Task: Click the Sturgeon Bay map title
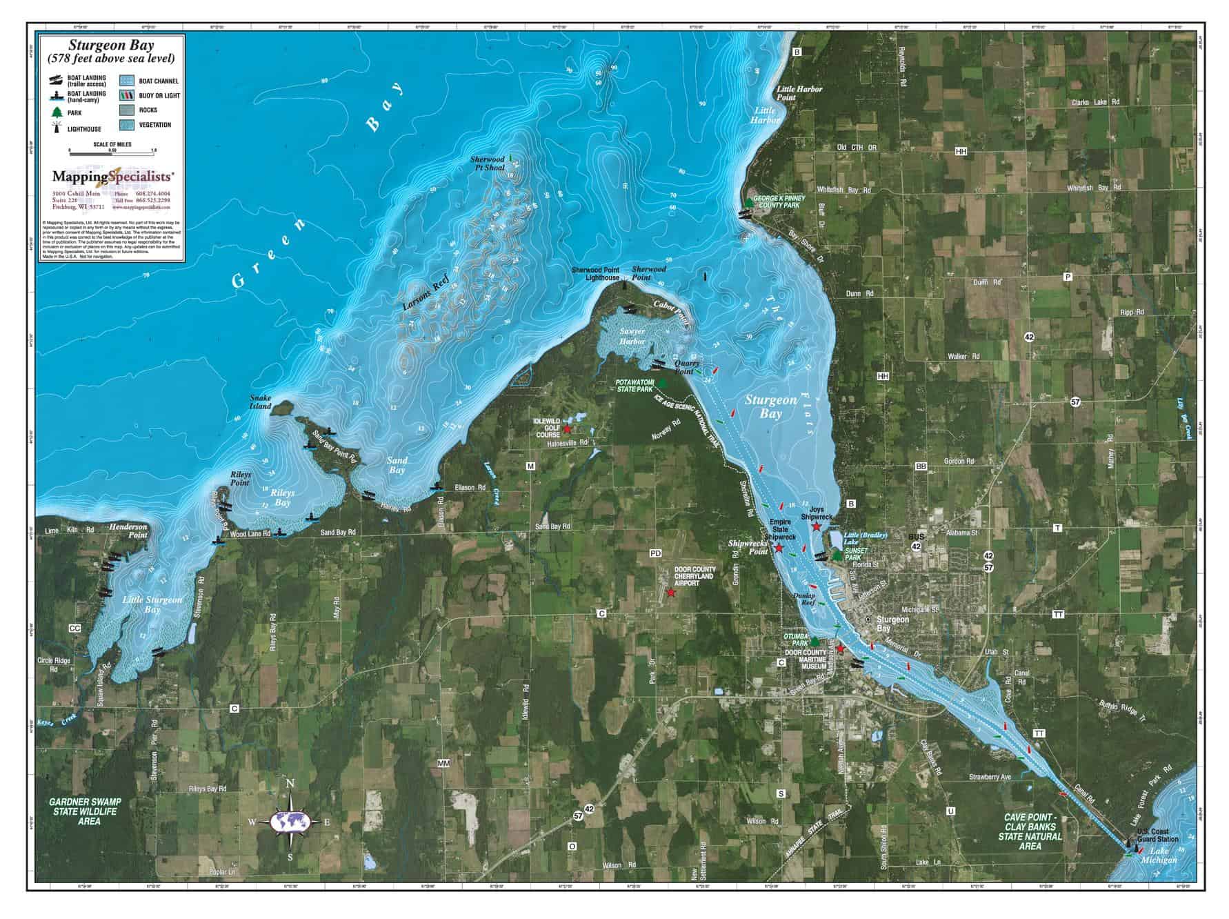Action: pos(111,46)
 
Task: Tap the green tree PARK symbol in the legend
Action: pos(56,112)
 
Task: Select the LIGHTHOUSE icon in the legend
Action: pos(55,128)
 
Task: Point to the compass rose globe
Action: pos(290,822)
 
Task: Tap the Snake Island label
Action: pos(261,402)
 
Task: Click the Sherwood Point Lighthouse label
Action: pos(595,273)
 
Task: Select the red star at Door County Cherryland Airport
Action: pos(671,593)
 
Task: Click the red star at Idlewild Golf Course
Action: pos(567,429)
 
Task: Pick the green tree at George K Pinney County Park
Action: pos(748,202)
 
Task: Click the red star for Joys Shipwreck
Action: pos(816,526)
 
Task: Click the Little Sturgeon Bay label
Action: pos(152,604)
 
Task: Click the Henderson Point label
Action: pos(128,530)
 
